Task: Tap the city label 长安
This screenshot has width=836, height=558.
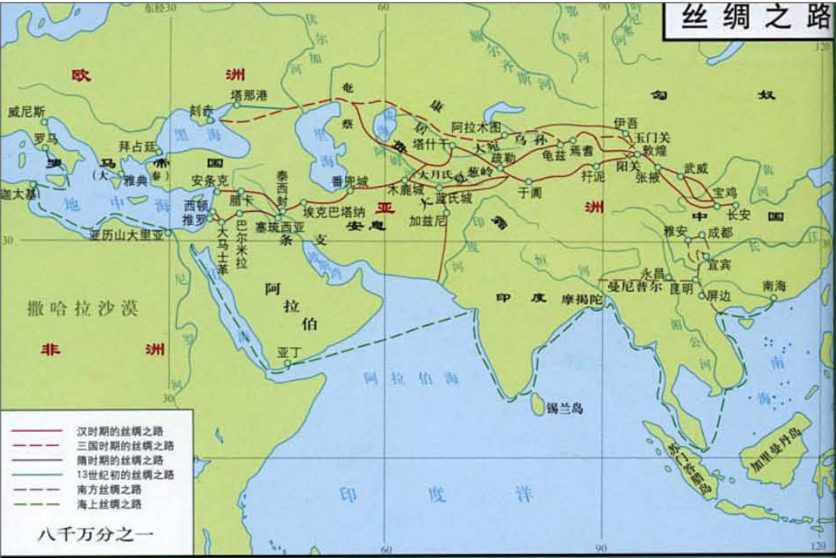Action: pos(739,215)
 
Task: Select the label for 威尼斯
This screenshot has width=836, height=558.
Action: pos(27,112)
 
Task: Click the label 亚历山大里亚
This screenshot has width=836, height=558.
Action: pos(126,235)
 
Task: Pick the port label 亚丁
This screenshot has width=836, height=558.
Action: pos(289,353)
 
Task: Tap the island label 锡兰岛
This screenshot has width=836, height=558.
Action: pos(564,408)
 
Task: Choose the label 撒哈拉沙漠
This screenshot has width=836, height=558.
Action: pos(83,308)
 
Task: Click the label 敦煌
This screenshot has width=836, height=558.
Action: pos(654,151)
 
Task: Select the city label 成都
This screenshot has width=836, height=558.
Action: pos(719,232)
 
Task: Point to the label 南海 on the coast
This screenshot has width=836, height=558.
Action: pos(774,286)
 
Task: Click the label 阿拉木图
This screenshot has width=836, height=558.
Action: pos(476,127)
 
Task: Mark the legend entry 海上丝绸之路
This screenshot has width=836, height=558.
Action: pos(109,504)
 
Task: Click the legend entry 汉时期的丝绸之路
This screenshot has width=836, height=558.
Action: pos(119,431)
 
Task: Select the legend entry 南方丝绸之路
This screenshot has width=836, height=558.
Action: pos(109,490)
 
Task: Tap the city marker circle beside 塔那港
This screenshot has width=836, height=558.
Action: pos(236,105)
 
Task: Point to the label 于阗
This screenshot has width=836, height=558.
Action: pos(530,193)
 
